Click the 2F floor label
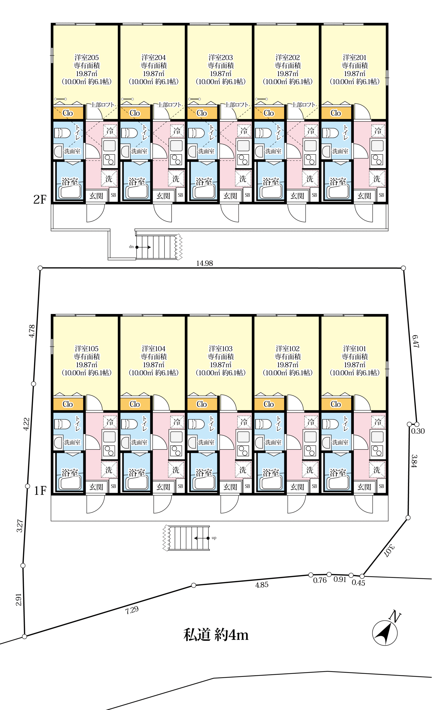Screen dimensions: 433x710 (40, 199)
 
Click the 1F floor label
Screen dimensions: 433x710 (40, 490)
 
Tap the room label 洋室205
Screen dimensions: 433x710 (86, 57)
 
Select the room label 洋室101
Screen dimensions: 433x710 (354, 348)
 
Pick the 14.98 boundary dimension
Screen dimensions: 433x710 (204, 263)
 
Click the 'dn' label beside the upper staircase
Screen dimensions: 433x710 (131, 247)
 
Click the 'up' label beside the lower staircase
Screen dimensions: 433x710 (214, 538)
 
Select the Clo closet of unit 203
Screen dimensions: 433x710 (201, 113)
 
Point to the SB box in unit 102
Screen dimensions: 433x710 (314, 486)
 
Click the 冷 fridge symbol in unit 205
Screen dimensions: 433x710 (110, 131)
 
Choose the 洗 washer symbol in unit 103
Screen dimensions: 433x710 (243, 470)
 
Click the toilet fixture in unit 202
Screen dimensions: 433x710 (263, 133)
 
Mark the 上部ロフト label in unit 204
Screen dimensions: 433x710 (170, 105)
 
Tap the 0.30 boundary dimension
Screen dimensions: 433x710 (418, 431)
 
